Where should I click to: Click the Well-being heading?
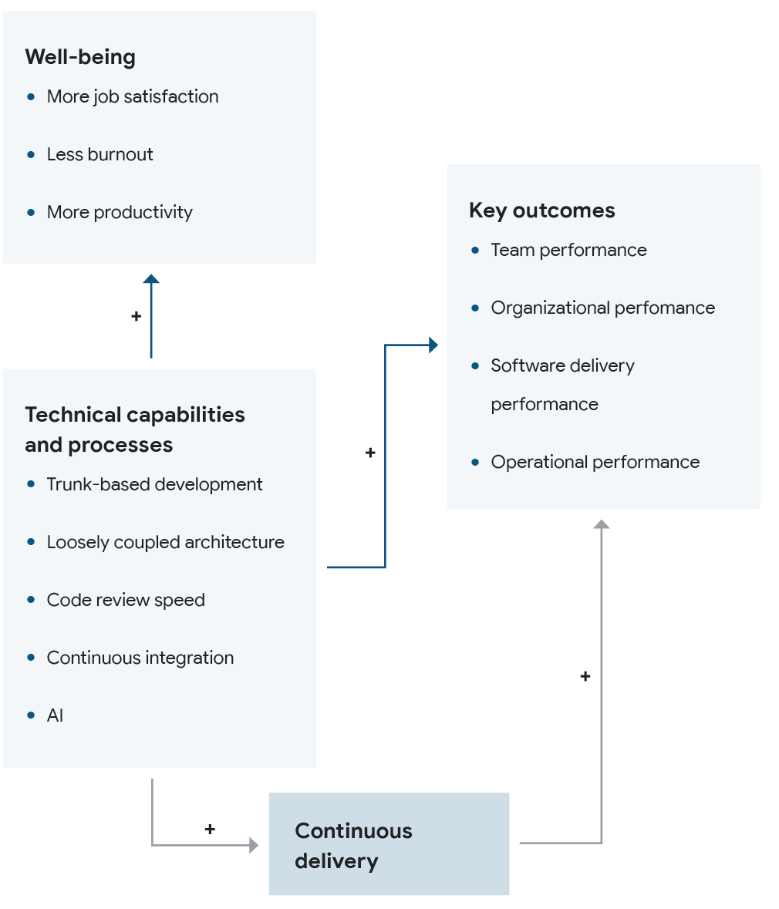(x=80, y=57)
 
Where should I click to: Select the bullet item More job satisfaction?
(x=133, y=96)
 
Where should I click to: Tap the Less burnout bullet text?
(x=99, y=154)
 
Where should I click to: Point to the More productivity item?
(x=120, y=212)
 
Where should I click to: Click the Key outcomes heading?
(x=541, y=210)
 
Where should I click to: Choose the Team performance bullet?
(x=568, y=250)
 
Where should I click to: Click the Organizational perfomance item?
(x=602, y=308)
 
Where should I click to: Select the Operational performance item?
(x=595, y=462)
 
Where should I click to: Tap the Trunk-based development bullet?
(x=154, y=484)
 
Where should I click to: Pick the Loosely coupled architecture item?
(x=165, y=542)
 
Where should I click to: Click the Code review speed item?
(x=126, y=600)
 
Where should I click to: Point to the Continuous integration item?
(x=140, y=658)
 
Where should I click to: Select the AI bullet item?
(x=55, y=715)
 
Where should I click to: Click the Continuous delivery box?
(x=389, y=844)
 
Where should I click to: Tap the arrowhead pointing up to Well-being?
(x=151, y=278)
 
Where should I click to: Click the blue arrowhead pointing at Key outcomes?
(x=433, y=345)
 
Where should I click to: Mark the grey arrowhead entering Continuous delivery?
(x=254, y=845)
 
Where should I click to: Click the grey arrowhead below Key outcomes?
(x=602, y=524)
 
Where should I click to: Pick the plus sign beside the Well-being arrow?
(x=137, y=316)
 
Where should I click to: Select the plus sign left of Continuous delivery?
(x=210, y=829)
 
